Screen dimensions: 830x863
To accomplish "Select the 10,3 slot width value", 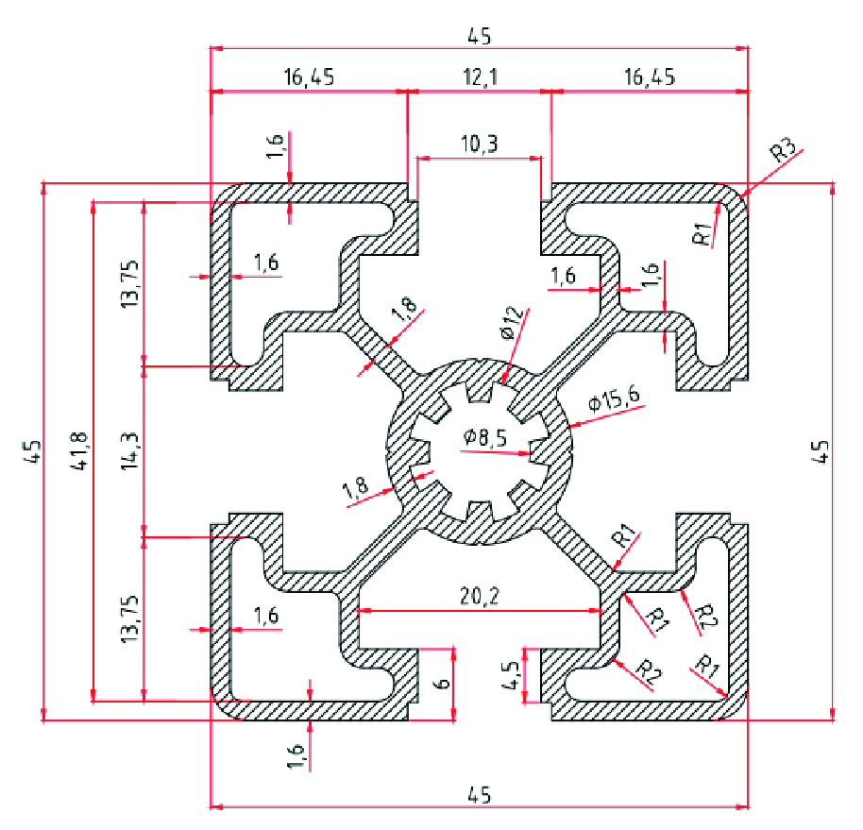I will pos(480,144).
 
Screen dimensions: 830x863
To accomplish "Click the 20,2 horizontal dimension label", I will pos(480,597).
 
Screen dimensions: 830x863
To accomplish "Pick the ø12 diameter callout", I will pos(511,323).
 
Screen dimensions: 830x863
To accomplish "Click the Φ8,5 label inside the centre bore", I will pos(487,437).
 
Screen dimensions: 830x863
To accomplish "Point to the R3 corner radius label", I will pos(783,151).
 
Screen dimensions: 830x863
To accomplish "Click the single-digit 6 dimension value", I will pos(437,676).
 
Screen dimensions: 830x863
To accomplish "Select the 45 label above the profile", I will pos(480,36).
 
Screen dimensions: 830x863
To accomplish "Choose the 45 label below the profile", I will pos(480,795).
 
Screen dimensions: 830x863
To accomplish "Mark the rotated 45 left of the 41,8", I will pos(31,451).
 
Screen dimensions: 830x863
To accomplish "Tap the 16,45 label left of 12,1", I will pos(308,77).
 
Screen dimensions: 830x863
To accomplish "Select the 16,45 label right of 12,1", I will pos(650,77).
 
